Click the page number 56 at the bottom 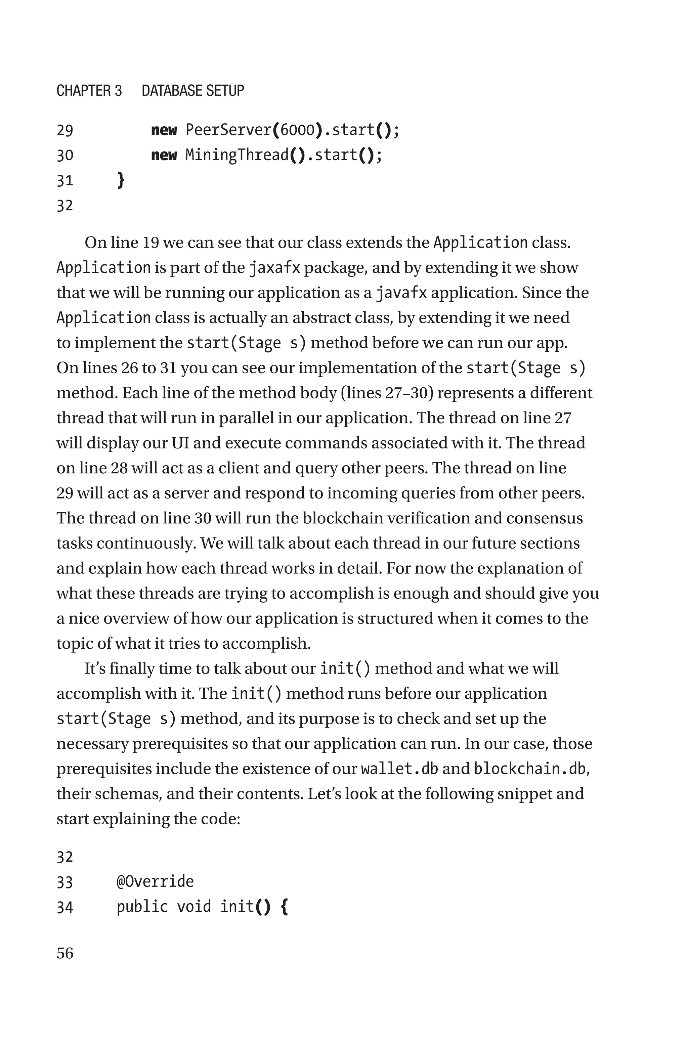pyautogui.click(x=65, y=953)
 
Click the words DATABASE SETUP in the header pyautogui.click(x=192, y=91)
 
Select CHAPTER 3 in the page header pyautogui.click(x=89, y=91)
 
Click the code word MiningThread pyautogui.click(x=237, y=155)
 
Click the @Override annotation pyautogui.click(x=155, y=881)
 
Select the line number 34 pyautogui.click(x=65, y=907)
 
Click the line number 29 pyautogui.click(x=65, y=131)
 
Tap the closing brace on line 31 pyautogui.click(x=121, y=180)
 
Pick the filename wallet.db pyautogui.click(x=399, y=769)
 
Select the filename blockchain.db pyautogui.click(x=529, y=769)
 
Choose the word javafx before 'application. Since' pyautogui.click(x=401, y=293)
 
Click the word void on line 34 pyautogui.click(x=194, y=907)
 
